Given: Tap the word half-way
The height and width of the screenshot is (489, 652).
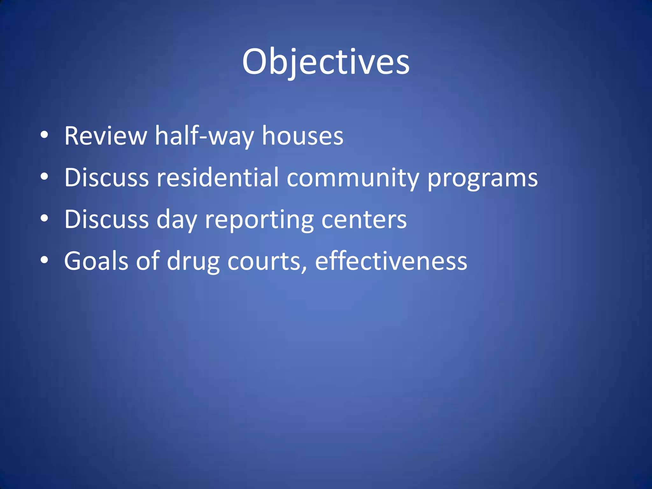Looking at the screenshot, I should tap(204, 136).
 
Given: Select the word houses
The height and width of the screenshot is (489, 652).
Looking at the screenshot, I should tap(302, 136).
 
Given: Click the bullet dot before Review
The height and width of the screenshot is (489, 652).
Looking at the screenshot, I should tap(45, 135).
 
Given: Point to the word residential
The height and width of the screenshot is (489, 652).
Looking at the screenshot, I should tap(218, 178).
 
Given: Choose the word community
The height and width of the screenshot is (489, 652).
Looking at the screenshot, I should tap(353, 178).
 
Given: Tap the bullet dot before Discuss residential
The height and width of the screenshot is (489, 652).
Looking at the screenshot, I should tap(45, 177).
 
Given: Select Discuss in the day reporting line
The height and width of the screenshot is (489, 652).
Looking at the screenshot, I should tap(107, 219).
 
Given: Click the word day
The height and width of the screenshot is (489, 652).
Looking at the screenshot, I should tap(177, 220).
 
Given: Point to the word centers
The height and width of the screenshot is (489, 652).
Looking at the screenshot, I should tap(364, 219).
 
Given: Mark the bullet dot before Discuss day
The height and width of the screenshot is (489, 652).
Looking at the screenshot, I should tap(45, 218).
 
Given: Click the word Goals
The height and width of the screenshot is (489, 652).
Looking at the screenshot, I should tap(96, 261).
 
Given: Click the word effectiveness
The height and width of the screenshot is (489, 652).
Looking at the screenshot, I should tap(391, 261).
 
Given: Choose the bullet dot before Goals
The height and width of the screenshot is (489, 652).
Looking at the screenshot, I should tap(45, 260).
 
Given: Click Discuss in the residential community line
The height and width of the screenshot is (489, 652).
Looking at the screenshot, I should tap(107, 178).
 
